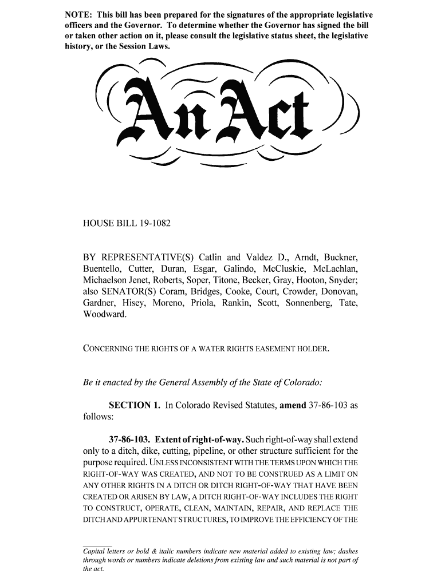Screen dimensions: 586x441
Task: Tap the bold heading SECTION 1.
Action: (x=134, y=406)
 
